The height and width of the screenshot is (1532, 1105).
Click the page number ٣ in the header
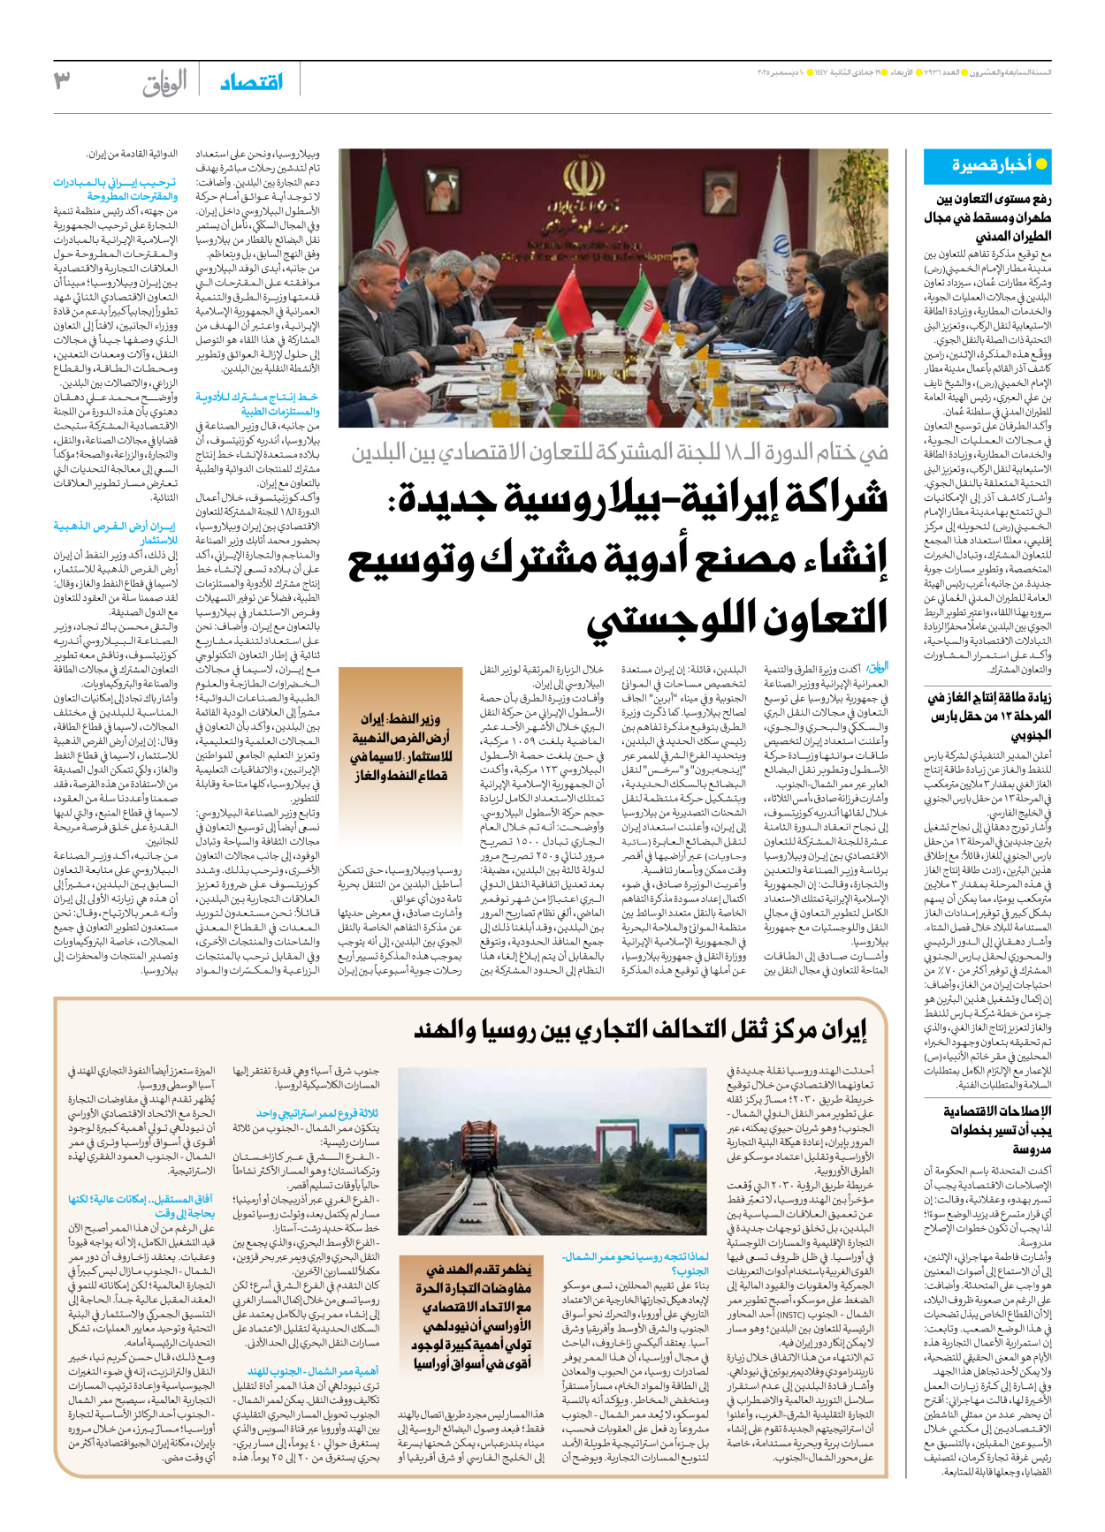62,81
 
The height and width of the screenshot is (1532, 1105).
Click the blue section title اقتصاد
252,82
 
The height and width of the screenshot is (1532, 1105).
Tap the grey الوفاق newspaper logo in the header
165,84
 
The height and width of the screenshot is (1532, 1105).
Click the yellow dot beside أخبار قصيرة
1041,164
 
